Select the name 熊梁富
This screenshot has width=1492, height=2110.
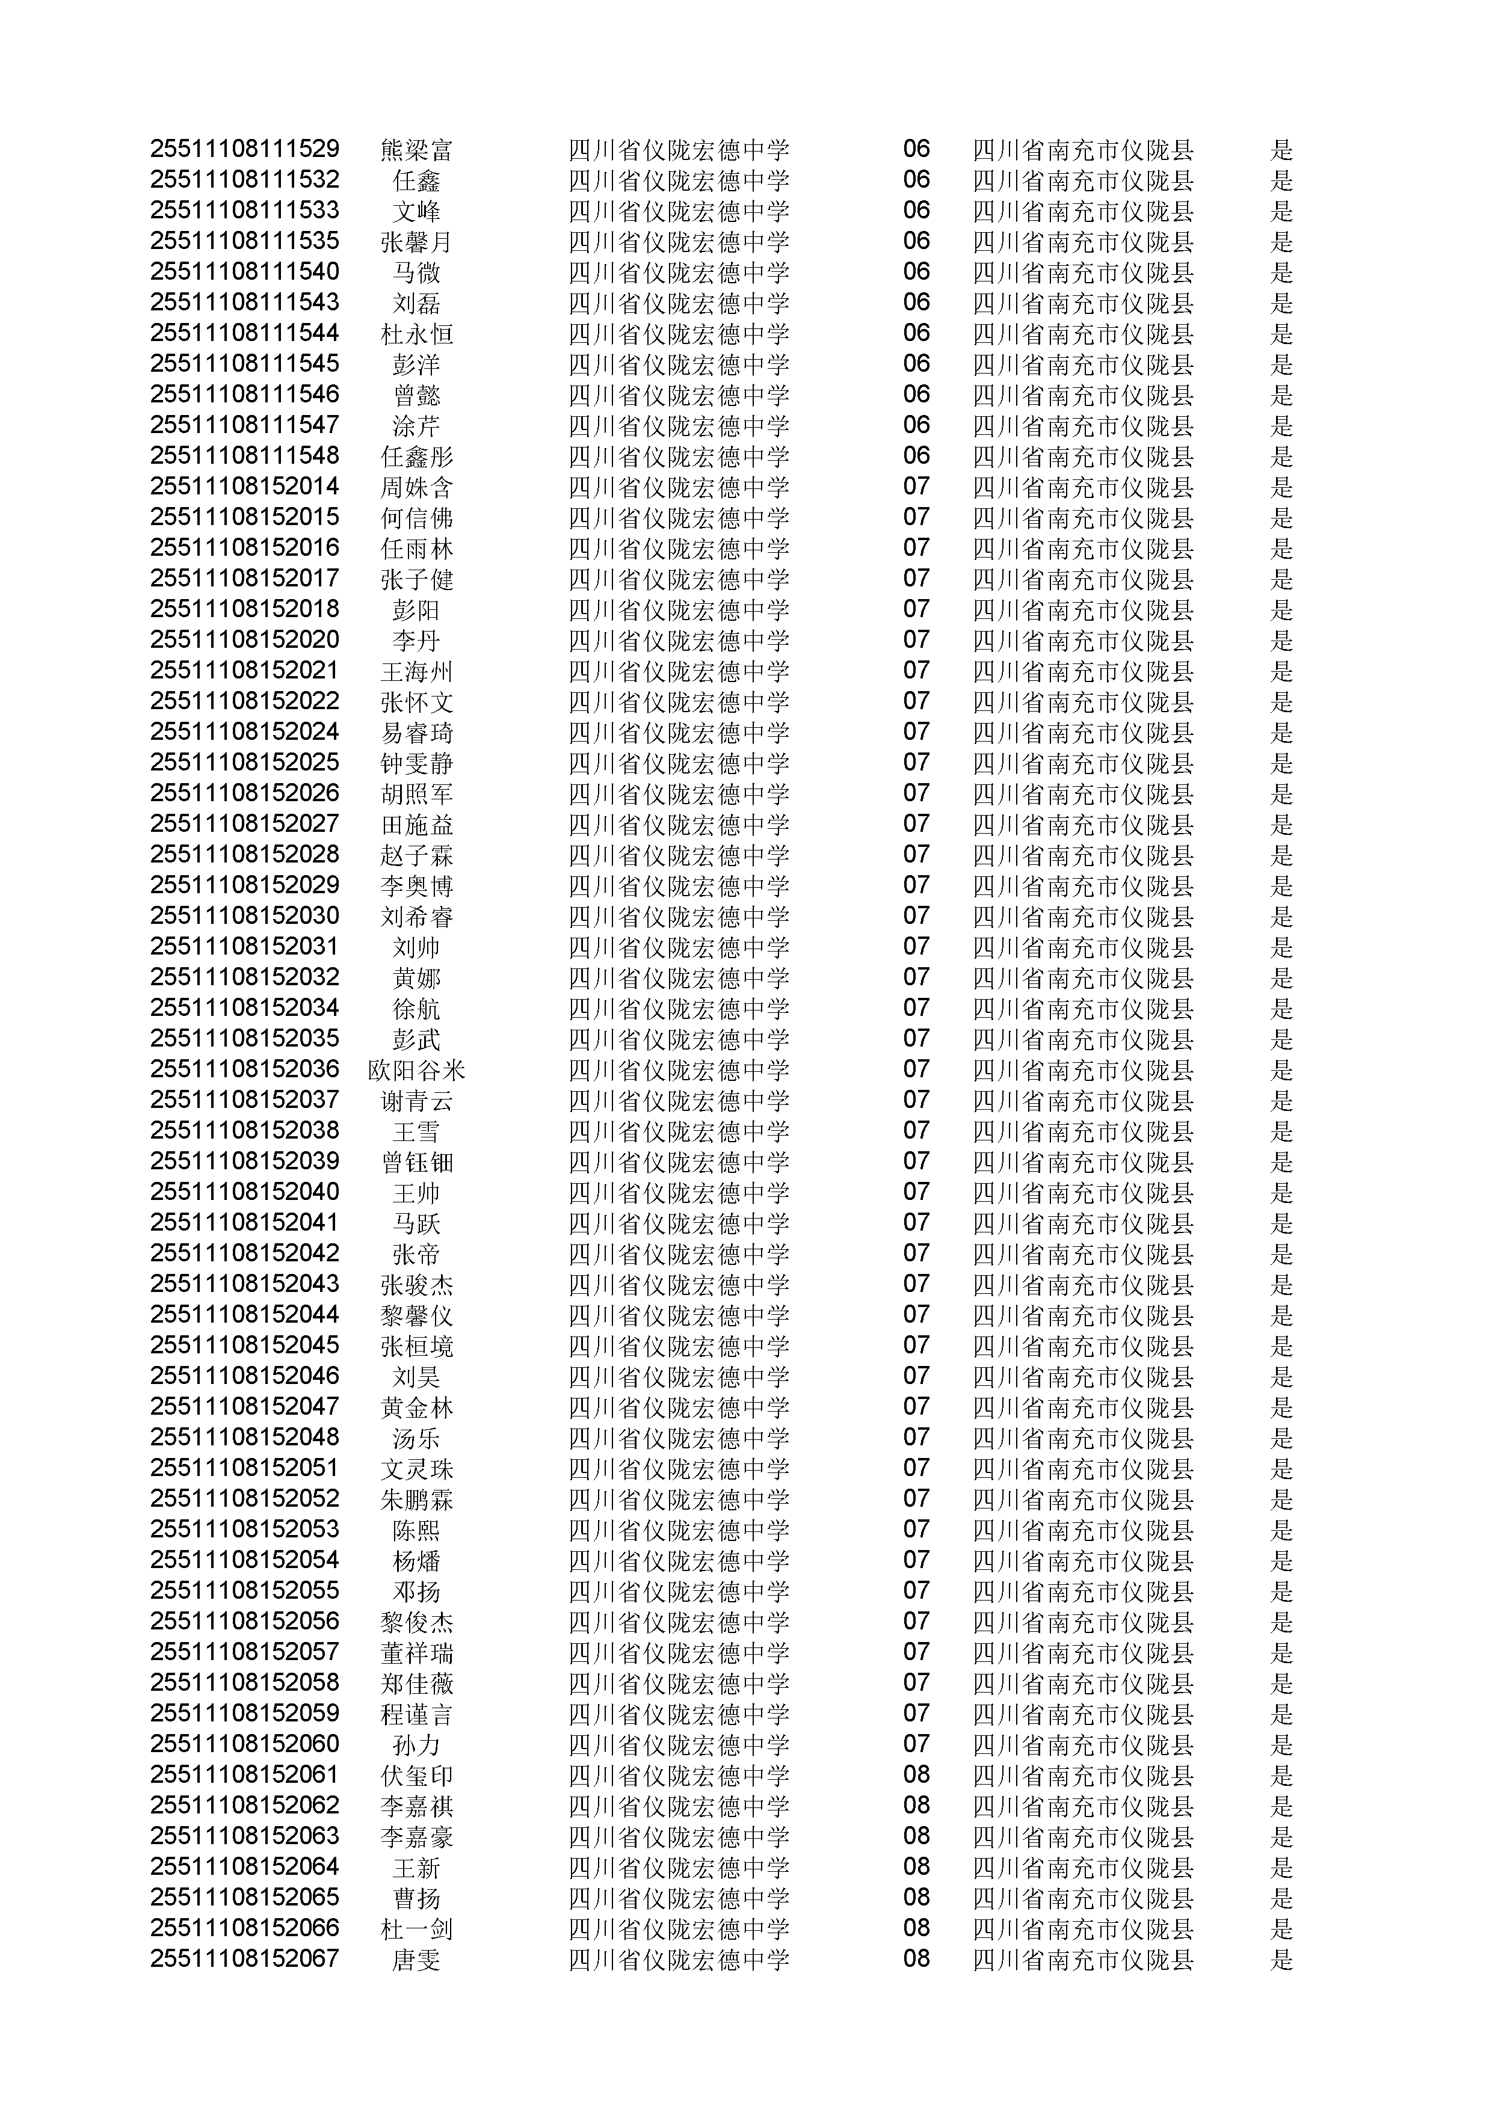click(416, 150)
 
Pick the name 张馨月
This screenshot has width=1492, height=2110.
click(416, 242)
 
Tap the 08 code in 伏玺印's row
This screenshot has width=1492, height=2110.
click(916, 1776)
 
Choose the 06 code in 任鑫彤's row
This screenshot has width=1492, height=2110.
click(916, 456)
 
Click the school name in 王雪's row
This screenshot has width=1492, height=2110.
click(679, 1131)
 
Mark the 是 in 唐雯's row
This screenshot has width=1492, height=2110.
click(1281, 1960)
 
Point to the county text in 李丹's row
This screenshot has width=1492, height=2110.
click(1083, 641)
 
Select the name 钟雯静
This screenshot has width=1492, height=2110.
click(416, 764)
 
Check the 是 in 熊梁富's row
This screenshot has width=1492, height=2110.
click(1281, 150)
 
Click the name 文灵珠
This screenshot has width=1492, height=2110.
click(416, 1469)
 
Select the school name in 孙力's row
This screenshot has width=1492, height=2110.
click(679, 1745)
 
